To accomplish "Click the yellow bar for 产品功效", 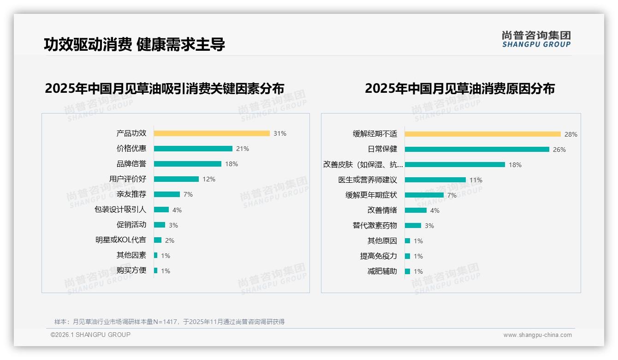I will tap(212, 133).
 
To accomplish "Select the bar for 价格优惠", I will tap(193, 149).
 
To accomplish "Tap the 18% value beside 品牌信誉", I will tap(232, 164).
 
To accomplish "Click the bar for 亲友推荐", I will tap(166, 194).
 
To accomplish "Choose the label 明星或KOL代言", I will tap(121, 240).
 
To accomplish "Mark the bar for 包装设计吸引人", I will tap(161, 210).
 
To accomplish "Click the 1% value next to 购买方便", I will tap(166, 271).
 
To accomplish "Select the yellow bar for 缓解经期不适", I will tap(482, 134).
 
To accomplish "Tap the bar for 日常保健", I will tap(477, 149).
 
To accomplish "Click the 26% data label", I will tap(559, 150).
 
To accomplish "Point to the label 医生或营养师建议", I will tap(368, 180).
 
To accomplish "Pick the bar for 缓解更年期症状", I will tap(424, 195).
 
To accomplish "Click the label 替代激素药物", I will tap(374, 226).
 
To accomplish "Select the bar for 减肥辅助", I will tap(407, 271).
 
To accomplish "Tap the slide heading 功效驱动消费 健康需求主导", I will tap(134, 45).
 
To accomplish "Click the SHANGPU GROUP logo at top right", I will tap(536, 39).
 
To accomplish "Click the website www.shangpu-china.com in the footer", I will tap(537, 335).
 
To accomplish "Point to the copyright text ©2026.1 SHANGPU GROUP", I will tap(90, 335).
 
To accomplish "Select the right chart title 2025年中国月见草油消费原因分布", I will tap(459, 88).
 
